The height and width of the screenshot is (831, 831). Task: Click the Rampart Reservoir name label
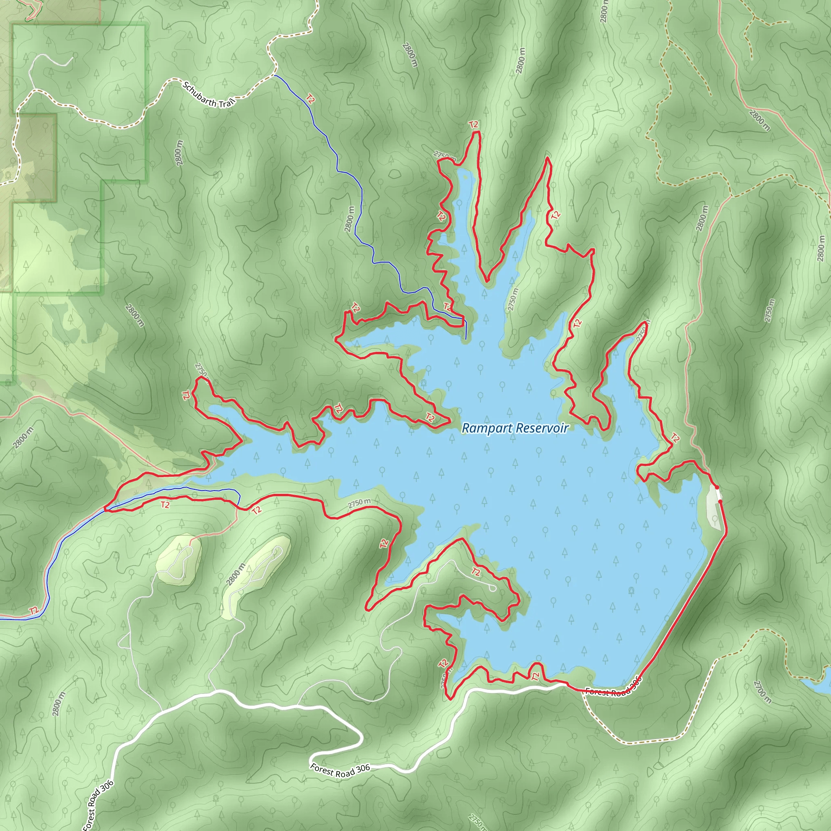[x=515, y=428]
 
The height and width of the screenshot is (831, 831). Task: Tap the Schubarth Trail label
[x=209, y=95]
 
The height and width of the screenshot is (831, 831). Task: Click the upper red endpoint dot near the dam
[x=717, y=487]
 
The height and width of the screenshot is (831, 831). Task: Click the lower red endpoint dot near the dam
[x=721, y=502]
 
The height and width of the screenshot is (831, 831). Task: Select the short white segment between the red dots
[x=719, y=494]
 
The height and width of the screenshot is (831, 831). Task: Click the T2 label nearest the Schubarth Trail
[x=310, y=99]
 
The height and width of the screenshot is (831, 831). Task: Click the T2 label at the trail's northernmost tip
[x=474, y=125]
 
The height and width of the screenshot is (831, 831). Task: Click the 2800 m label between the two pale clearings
[x=236, y=574]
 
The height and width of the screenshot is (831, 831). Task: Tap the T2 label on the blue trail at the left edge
[x=34, y=611]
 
